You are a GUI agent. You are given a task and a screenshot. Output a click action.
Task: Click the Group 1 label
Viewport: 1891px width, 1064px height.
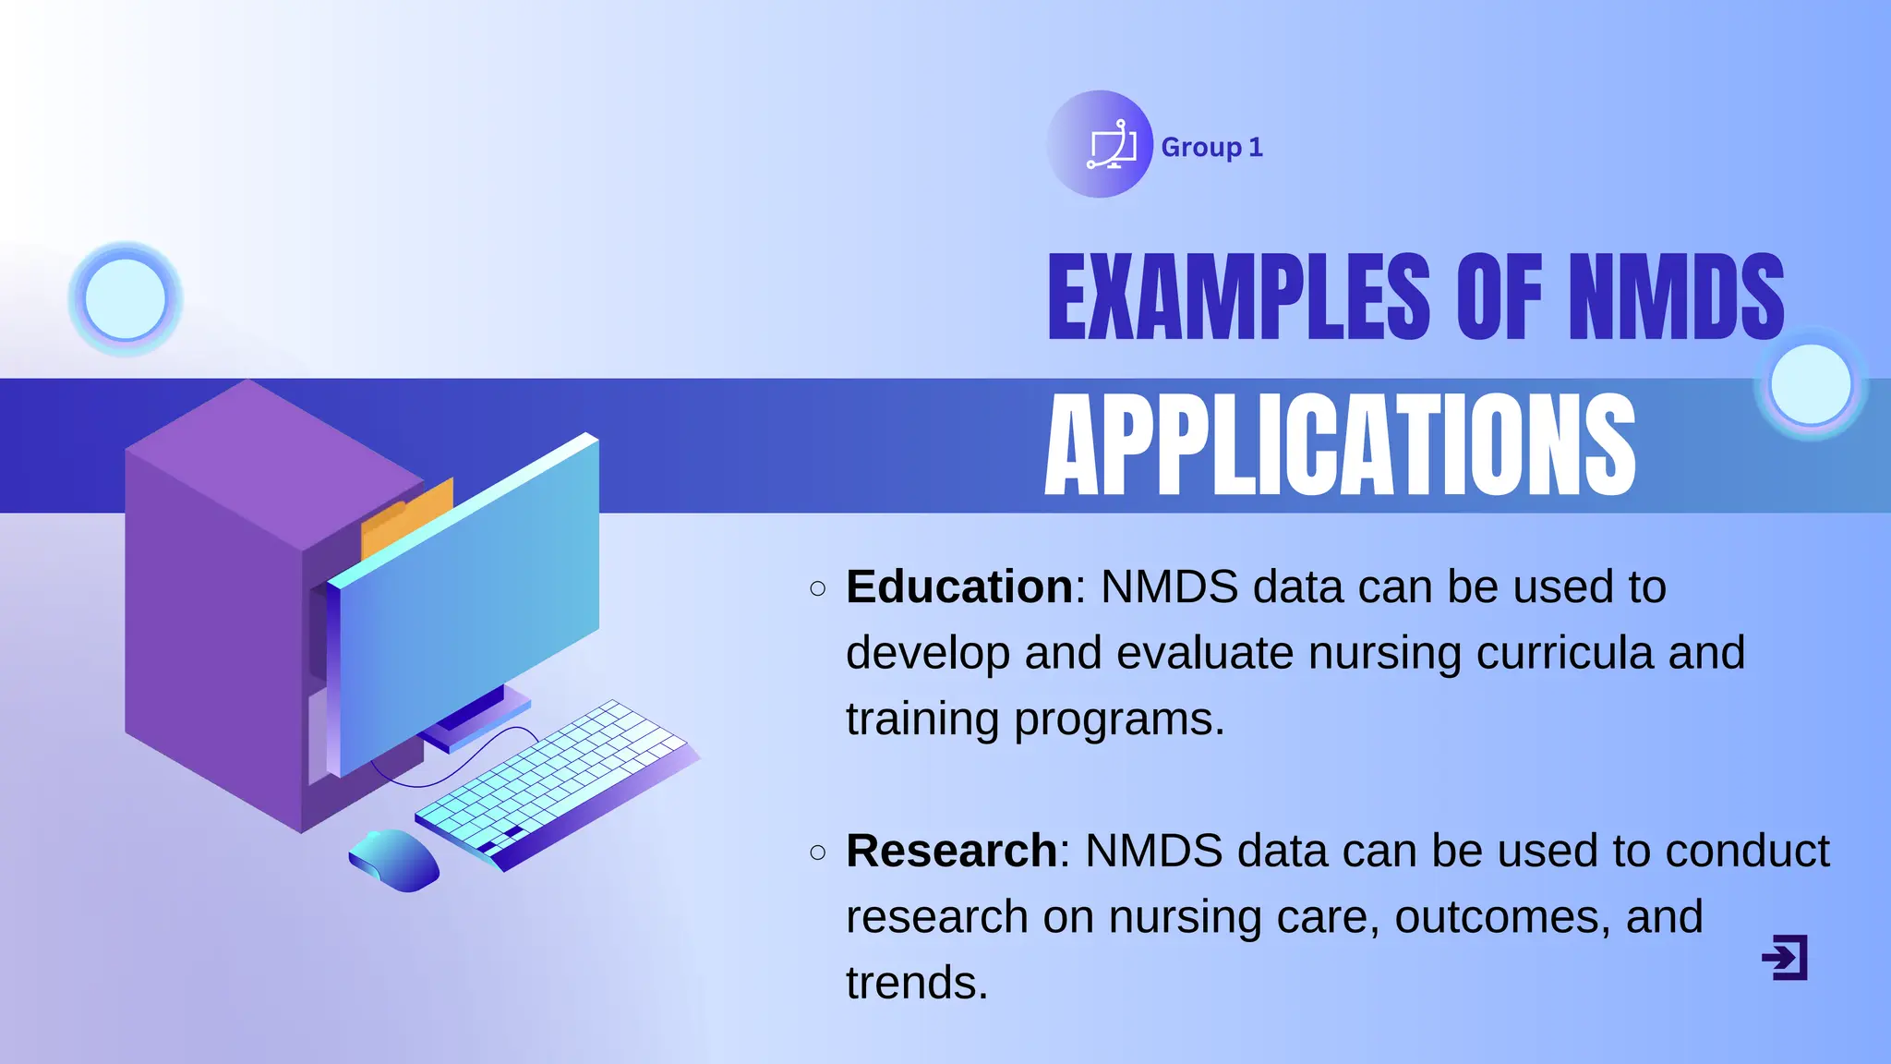(x=1211, y=147)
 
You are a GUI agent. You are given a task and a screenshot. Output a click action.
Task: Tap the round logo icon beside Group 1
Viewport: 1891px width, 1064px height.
(x=1100, y=144)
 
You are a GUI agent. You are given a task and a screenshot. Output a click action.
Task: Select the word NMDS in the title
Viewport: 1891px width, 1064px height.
(x=1676, y=297)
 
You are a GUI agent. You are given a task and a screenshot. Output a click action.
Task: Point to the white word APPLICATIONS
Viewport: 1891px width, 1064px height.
(x=1339, y=445)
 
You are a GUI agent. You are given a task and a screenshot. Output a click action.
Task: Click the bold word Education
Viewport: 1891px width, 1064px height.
(x=958, y=587)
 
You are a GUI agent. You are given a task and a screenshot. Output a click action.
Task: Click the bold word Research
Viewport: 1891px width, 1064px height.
(x=951, y=851)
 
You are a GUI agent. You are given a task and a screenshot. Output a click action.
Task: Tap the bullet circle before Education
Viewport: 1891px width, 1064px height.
(x=817, y=588)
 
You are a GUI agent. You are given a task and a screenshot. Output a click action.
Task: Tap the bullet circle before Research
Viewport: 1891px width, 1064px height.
(x=817, y=852)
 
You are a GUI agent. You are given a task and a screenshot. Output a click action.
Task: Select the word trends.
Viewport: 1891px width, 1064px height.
(x=916, y=983)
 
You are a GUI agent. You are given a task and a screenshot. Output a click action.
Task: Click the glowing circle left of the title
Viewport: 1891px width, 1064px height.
(x=125, y=299)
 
